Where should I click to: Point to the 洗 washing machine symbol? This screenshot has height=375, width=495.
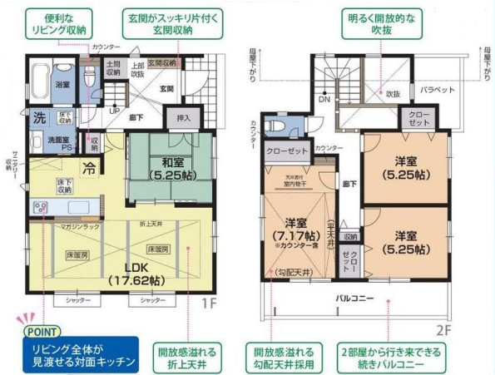pyautogui.click(x=38, y=116)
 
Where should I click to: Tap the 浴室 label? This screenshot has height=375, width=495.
pyautogui.click(x=63, y=85)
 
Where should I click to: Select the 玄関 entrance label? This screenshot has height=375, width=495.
pyautogui.click(x=166, y=88)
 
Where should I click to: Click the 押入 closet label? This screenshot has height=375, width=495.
pyautogui.click(x=184, y=118)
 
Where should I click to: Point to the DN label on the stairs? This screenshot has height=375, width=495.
pyautogui.click(x=324, y=99)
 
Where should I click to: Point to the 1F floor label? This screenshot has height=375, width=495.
pyautogui.click(x=210, y=303)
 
